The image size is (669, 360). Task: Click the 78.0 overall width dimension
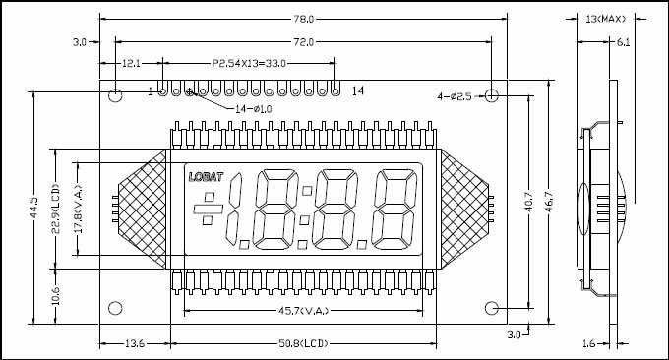(x=304, y=20)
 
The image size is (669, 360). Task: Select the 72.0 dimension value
(x=304, y=42)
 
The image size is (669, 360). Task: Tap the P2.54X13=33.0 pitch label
(x=249, y=64)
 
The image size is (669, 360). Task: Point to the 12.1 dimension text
(x=131, y=64)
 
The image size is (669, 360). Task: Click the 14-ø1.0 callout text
(x=254, y=109)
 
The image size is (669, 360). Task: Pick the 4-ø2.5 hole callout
(x=455, y=96)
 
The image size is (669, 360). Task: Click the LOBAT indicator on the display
(x=206, y=177)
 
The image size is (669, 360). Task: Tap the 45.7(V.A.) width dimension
(x=304, y=311)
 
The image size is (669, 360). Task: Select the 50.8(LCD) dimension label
(x=304, y=343)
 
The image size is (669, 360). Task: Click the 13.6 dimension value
(x=135, y=343)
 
